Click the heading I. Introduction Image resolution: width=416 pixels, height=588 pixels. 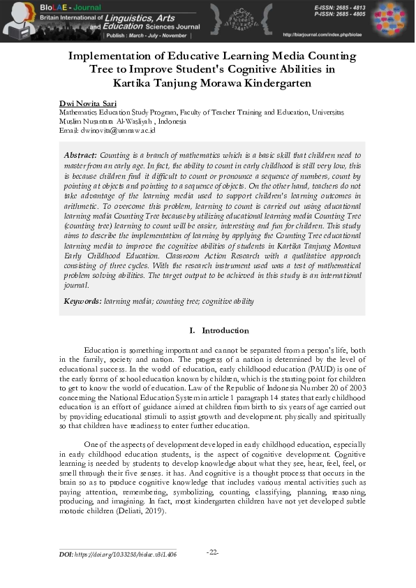218,330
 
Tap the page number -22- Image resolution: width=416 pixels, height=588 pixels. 213,552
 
